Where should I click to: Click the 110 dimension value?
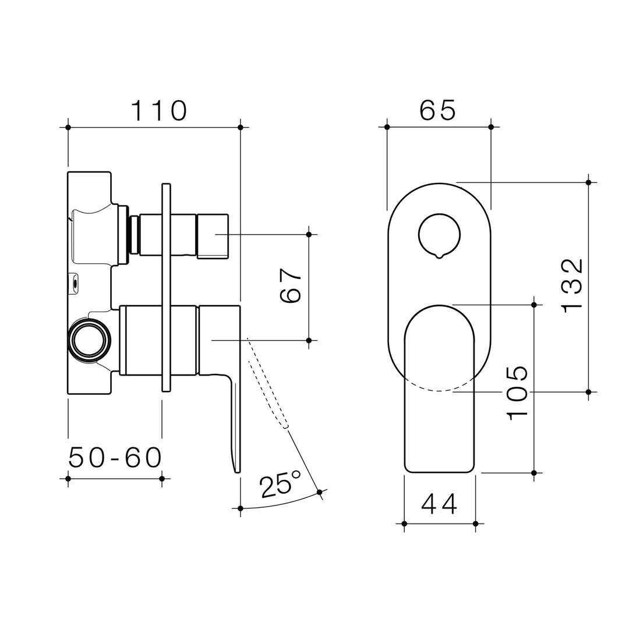point(158,110)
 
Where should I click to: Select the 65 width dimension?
point(438,110)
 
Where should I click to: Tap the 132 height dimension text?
point(572,285)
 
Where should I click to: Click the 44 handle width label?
point(439,504)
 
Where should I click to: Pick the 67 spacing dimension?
point(290,286)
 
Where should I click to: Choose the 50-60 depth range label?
point(115,458)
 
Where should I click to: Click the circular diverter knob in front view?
point(439,235)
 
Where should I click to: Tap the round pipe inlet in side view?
point(89,340)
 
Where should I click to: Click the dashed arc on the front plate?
point(439,388)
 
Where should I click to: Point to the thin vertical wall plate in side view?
point(166,288)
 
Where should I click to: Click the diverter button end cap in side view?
point(212,236)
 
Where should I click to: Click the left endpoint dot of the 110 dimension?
point(68,127)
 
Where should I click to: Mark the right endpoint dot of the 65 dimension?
point(491,127)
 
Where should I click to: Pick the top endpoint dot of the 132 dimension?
point(588,182)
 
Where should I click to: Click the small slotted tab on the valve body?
point(74,284)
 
